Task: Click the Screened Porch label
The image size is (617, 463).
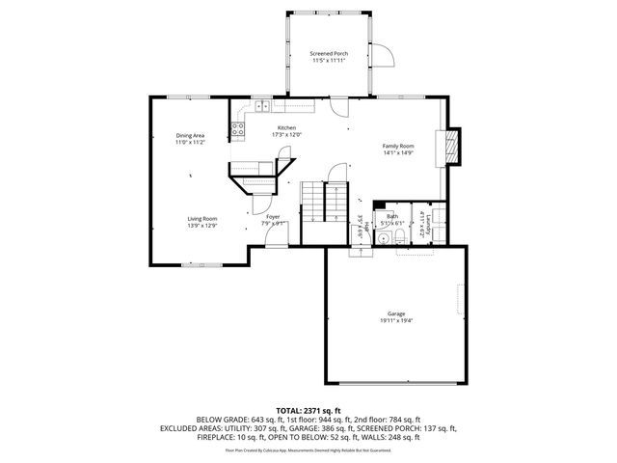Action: click(x=328, y=52)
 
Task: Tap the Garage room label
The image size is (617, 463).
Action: click(x=396, y=314)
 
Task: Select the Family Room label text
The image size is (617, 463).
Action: click(x=398, y=146)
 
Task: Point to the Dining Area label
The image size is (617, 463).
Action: click(x=190, y=135)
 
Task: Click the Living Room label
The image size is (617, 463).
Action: click(x=202, y=219)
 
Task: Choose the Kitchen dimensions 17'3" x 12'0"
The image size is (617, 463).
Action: click(x=287, y=135)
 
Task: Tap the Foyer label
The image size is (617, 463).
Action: click(x=274, y=218)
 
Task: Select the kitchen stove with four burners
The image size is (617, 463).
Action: click(x=236, y=128)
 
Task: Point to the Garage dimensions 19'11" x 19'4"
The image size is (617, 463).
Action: click(x=396, y=320)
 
